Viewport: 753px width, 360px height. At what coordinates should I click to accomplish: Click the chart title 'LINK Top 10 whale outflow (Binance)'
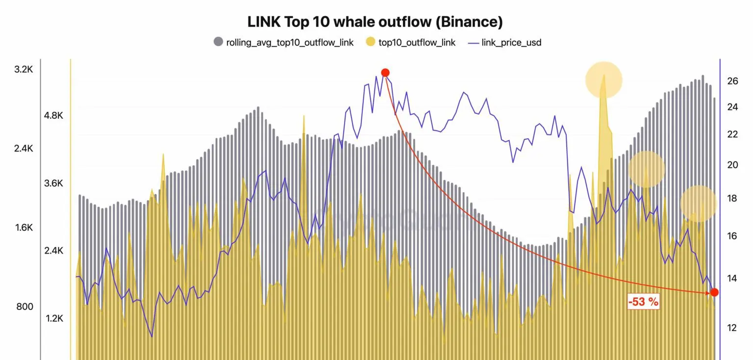[x=375, y=22]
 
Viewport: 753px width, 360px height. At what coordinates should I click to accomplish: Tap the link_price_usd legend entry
[x=505, y=43]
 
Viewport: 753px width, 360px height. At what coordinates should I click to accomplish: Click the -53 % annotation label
[x=643, y=302]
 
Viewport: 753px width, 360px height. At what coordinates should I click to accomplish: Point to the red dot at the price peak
[x=385, y=73]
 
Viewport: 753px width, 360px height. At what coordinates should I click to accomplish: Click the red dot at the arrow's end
[x=714, y=292]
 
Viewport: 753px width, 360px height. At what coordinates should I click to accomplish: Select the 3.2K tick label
[x=24, y=70]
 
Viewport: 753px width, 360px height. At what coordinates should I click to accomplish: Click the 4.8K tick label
[x=53, y=116]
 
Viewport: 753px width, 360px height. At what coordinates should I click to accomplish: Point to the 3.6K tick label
[x=53, y=183]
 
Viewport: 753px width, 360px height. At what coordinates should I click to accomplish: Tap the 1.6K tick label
[x=24, y=228]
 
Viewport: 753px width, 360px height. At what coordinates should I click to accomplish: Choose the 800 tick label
[x=25, y=307]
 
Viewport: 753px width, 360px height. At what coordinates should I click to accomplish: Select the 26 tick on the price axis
[x=732, y=81]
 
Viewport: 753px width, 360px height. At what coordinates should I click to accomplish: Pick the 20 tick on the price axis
[x=732, y=165]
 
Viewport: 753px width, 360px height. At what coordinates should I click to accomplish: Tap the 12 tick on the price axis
[x=732, y=328]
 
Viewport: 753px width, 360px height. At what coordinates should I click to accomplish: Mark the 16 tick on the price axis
[x=732, y=236]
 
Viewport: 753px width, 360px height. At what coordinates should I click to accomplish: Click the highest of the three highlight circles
[x=603, y=80]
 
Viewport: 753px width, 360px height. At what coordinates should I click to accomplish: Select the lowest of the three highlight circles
[x=698, y=204]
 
